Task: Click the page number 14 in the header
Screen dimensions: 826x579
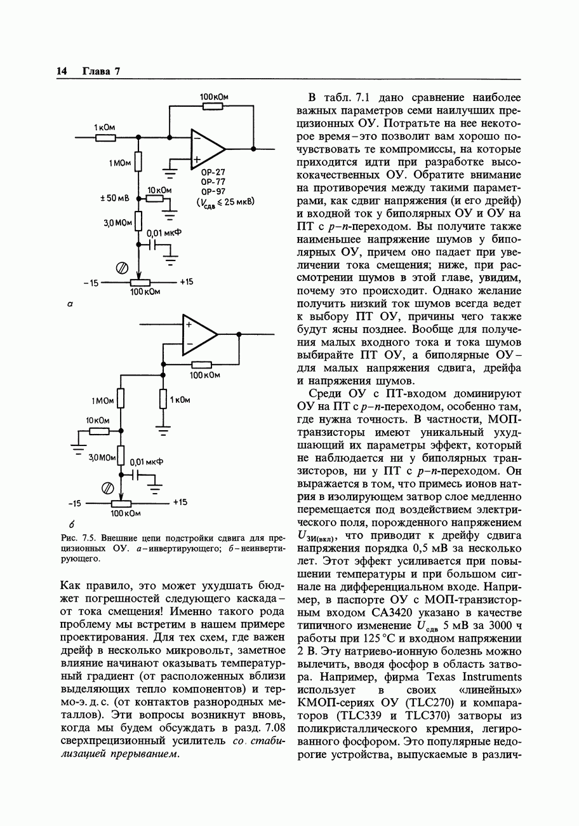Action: coord(62,71)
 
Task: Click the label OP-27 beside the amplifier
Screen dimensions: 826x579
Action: coord(213,172)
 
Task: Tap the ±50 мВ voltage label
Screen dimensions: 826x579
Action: coord(115,198)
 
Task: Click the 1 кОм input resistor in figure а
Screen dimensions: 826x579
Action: coord(105,137)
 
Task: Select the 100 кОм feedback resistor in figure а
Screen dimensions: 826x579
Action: coord(213,106)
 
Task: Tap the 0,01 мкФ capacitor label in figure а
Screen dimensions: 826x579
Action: coord(164,233)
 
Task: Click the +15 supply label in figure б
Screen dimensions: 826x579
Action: coord(180,502)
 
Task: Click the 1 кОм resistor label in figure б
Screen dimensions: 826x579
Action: coord(180,400)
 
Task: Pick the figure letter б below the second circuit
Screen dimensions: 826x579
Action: coord(72,524)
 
